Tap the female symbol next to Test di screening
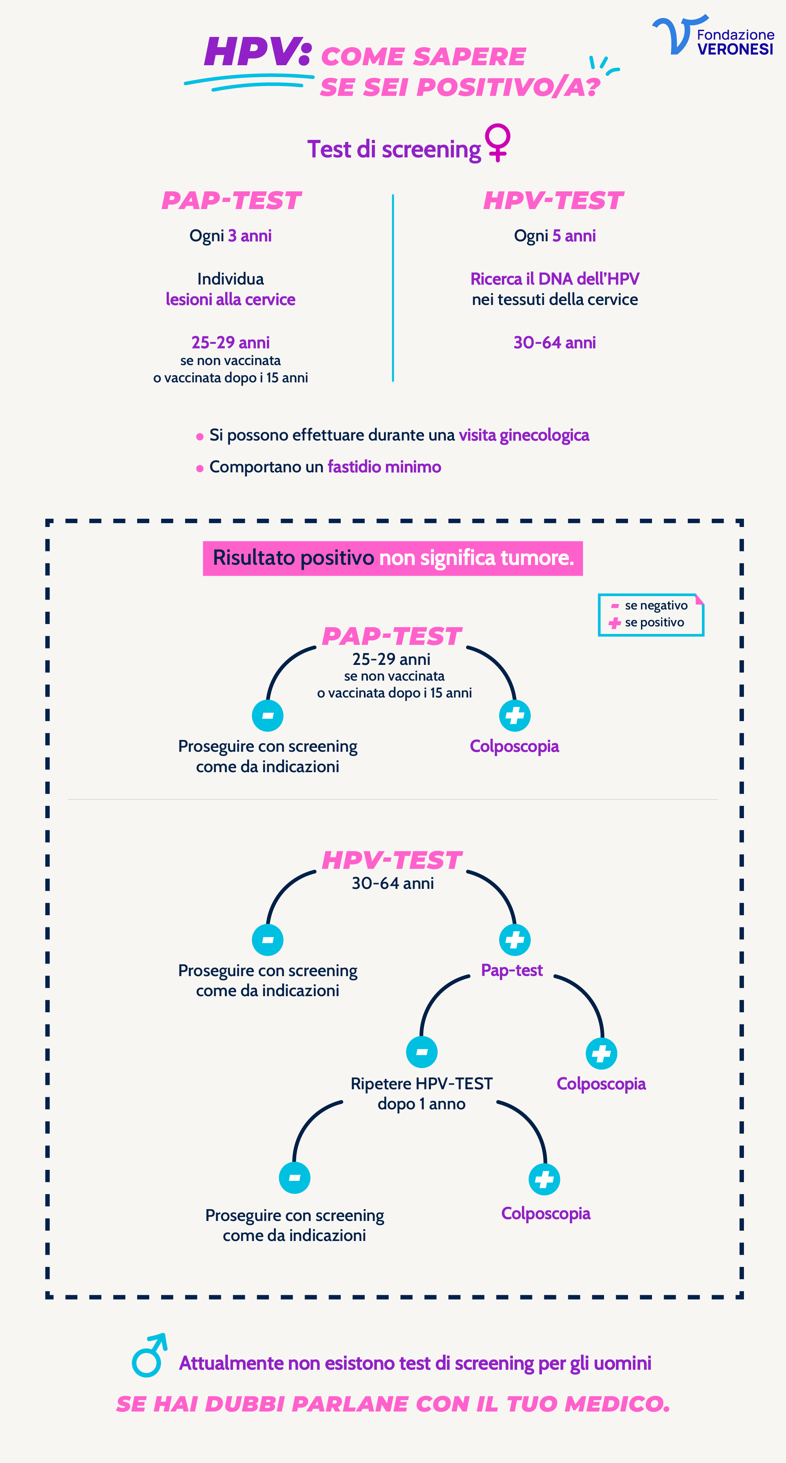(498, 142)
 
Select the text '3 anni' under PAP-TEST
(250, 236)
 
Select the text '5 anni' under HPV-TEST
(574, 236)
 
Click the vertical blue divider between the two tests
(393, 288)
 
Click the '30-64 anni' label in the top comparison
(554, 342)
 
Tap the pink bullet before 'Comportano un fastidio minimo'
(199, 468)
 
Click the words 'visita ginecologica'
(523, 435)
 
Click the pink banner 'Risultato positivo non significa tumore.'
(393, 558)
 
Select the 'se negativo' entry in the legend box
(656, 606)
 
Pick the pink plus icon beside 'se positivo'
(614, 623)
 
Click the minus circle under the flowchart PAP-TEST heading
(268, 716)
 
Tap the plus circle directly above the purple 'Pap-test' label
(514, 940)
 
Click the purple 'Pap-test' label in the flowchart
(512, 970)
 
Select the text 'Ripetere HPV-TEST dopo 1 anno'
(421, 1093)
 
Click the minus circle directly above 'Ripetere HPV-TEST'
(421, 1052)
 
